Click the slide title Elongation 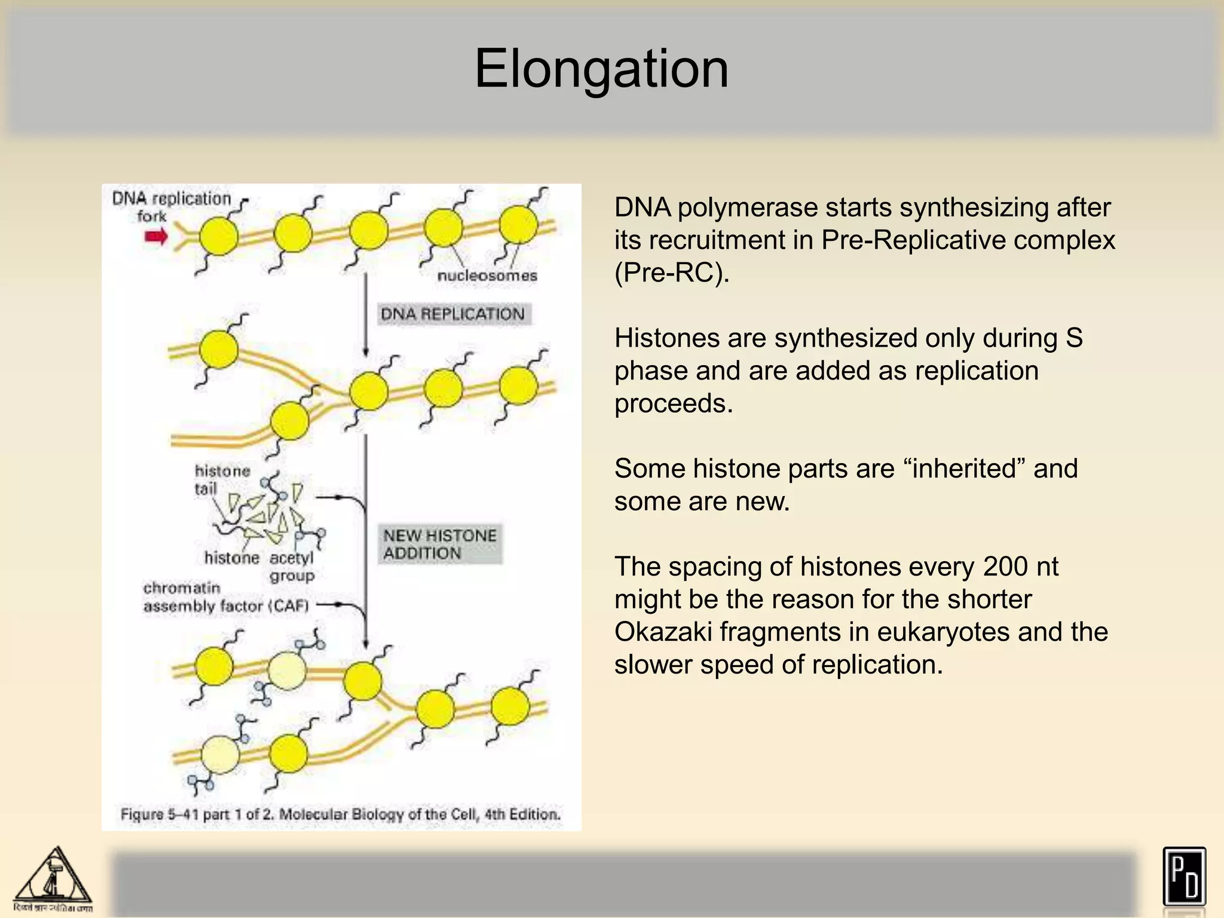[x=601, y=69]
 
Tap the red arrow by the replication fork [x=157, y=237]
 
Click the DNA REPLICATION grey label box [x=452, y=314]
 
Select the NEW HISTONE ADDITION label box [x=440, y=544]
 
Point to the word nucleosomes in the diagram [x=487, y=276]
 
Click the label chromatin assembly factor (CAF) [x=226, y=597]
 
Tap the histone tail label [x=222, y=479]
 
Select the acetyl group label [x=291, y=567]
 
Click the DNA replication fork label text [x=171, y=206]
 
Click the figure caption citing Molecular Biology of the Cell [x=340, y=814]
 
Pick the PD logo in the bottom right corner [x=1184, y=877]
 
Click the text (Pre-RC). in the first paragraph [x=672, y=273]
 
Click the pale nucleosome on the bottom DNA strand [x=220, y=755]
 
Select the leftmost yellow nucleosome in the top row [x=219, y=236]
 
